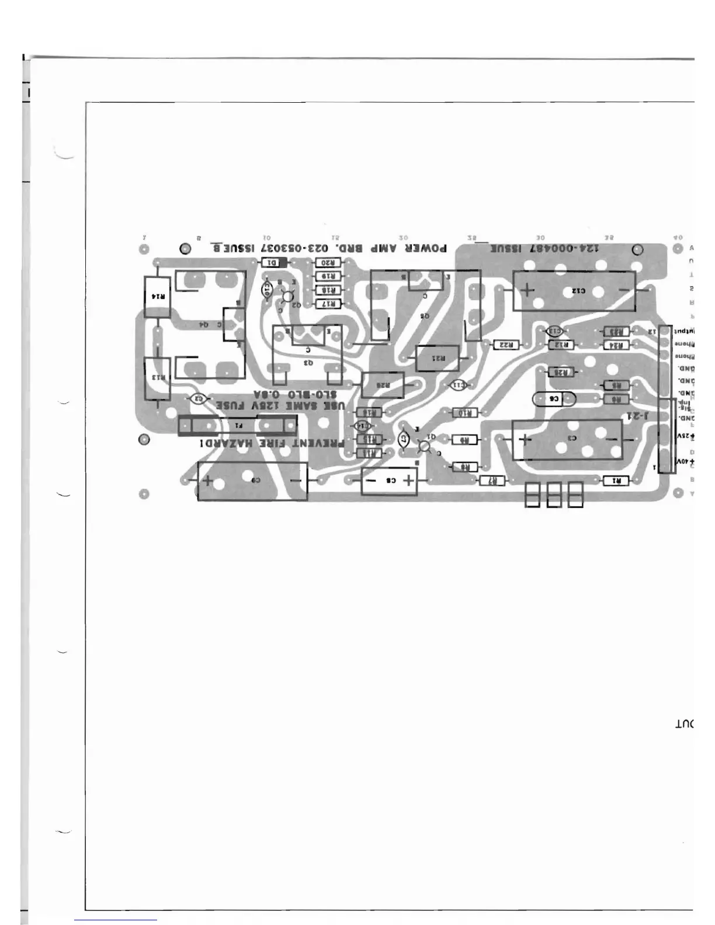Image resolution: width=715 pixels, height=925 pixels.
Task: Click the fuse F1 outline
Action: (238, 425)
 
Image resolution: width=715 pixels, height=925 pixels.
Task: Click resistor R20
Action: (328, 263)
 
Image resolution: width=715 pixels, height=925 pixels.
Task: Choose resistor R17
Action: (328, 304)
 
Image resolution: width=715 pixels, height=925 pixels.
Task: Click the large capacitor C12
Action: (574, 291)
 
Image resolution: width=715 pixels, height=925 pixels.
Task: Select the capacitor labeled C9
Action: (252, 481)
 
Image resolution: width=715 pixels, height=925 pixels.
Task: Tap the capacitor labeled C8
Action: (390, 481)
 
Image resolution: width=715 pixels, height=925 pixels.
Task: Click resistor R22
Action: (506, 345)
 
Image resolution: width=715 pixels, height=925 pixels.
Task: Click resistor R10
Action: (465, 413)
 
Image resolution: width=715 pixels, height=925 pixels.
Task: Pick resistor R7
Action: (492, 481)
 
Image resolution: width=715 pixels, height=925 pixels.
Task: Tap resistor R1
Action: (616, 481)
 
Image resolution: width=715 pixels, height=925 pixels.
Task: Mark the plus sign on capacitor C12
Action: (527, 290)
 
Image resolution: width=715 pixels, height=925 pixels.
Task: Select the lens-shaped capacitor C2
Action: (199, 399)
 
